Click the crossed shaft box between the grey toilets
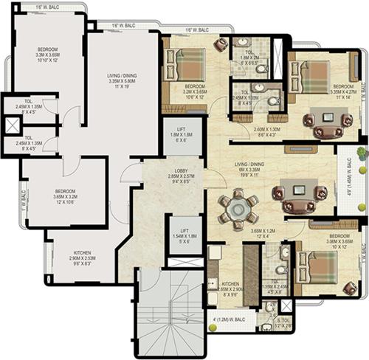click(13, 125)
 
